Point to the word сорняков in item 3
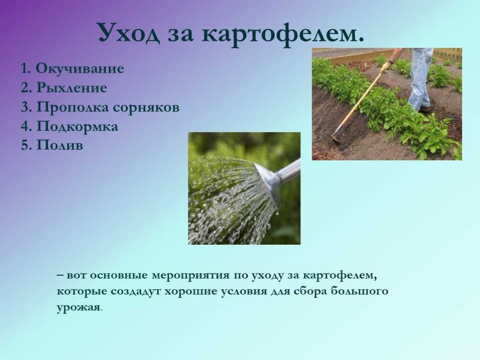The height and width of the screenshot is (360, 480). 146,107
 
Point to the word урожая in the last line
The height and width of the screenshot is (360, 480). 78,307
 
